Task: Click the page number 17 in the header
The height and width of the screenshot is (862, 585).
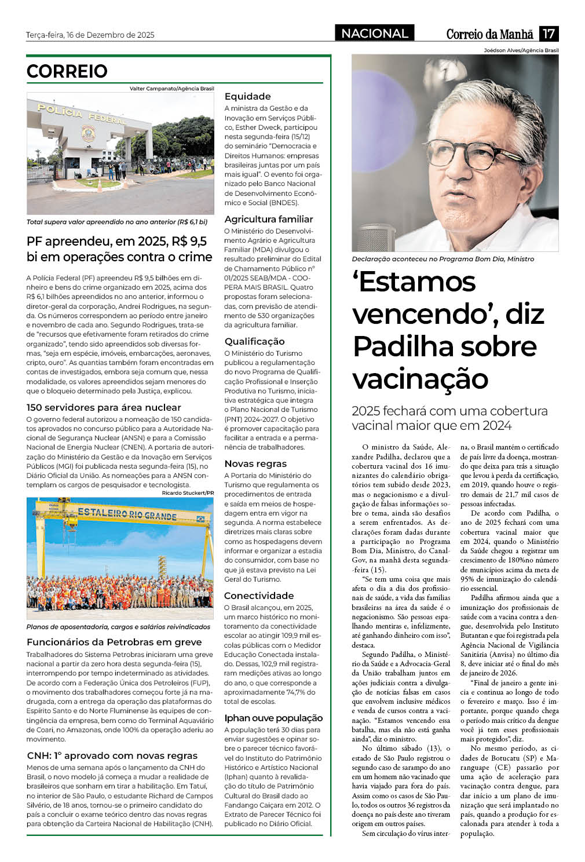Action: click(549, 34)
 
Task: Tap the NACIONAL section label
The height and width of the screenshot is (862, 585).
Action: click(374, 34)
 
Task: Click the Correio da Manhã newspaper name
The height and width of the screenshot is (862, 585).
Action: click(489, 34)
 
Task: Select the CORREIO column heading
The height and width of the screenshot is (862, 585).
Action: click(67, 71)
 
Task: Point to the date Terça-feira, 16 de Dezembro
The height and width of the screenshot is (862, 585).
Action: click(90, 35)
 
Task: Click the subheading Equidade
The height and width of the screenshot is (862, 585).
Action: click(247, 96)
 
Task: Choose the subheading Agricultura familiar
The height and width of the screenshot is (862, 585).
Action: click(268, 219)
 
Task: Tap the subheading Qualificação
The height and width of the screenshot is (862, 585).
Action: click(254, 341)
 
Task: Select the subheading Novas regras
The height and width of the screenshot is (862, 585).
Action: click(255, 463)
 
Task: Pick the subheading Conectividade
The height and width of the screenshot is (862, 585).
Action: click(258, 596)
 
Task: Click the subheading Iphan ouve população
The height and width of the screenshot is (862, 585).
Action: click(273, 718)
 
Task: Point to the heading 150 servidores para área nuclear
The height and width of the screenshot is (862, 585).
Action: click(104, 407)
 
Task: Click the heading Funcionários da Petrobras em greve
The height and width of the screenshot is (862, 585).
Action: click(114, 642)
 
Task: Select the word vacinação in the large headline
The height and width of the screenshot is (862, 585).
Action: click(421, 379)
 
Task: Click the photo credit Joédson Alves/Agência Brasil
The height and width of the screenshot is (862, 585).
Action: click(521, 50)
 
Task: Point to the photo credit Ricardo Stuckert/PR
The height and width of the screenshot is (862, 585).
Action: click(188, 493)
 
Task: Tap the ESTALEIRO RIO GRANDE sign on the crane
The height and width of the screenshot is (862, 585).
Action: click(127, 513)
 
